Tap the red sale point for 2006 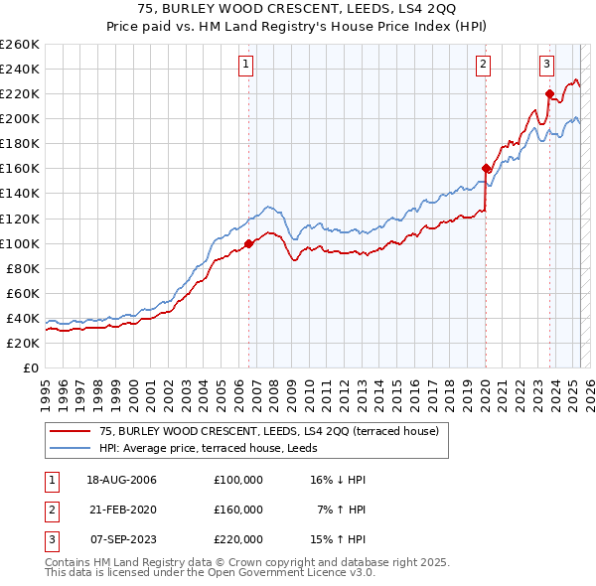point(248,242)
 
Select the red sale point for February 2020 point(486,168)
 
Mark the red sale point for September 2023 point(549,93)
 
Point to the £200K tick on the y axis point(22,118)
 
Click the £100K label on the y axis point(22,243)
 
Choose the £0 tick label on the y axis point(31,367)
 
